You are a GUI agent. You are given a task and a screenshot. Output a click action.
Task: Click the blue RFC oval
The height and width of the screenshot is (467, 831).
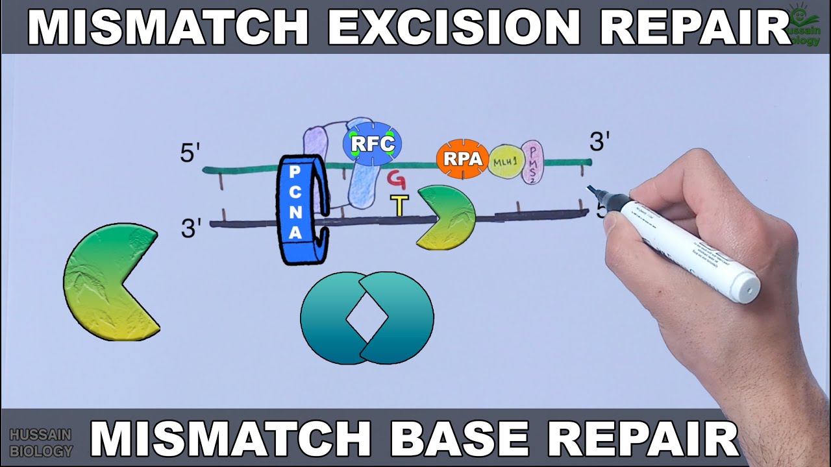[x=372, y=143]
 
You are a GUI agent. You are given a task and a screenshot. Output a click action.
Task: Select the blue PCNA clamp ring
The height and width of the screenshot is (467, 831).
[x=297, y=209]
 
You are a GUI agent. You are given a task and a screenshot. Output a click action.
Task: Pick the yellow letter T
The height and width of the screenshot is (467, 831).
[x=399, y=205]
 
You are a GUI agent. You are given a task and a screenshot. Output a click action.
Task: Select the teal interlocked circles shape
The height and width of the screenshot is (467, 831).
[x=367, y=318]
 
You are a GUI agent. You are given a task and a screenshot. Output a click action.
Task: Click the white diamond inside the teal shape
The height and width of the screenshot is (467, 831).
[x=367, y=318]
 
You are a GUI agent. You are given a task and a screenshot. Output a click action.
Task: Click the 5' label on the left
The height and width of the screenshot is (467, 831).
[x=190, y=153]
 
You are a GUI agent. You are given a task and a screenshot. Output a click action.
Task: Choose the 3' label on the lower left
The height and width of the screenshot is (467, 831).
[x=191, y=228]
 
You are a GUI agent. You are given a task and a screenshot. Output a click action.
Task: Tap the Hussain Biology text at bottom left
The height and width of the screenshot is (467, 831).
[x=41, y=442]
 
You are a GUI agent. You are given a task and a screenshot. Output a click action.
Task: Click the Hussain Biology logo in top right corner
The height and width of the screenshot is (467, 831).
[x=804, y=24]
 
